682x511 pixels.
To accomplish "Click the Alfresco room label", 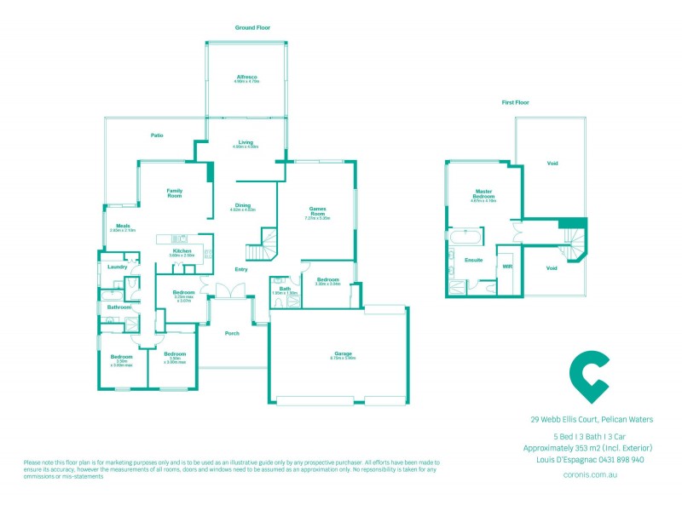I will coord(247,78).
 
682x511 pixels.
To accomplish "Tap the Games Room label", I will coord(317,213).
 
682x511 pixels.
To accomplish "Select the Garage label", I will coord(344,353).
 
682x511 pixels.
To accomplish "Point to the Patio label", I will coord(157,135).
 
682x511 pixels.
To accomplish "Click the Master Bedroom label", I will coord(485,193).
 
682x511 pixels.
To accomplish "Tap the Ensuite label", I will coord(474,260).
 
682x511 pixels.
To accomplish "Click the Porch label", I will coord(231,333).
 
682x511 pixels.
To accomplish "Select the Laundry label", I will coord(118,267).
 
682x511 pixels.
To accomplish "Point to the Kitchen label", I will coord(182,251).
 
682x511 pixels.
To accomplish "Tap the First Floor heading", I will coord(516,102).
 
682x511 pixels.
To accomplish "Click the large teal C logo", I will coord(587,375).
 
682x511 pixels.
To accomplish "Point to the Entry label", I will coord(241,270).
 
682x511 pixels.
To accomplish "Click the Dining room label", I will coord(244,204).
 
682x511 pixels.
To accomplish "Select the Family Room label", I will coord(175,193).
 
